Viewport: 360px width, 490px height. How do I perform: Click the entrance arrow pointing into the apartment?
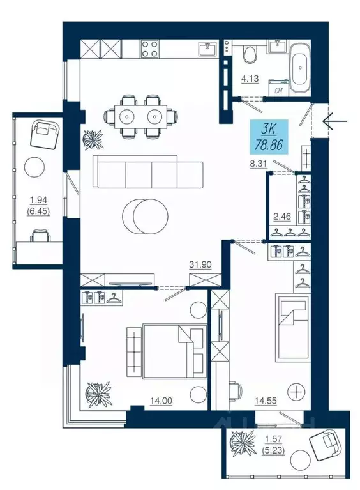coord(335,120)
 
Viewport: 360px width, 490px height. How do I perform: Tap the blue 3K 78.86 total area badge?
coord(269,137)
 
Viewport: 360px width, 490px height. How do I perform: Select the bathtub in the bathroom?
coord(300,68)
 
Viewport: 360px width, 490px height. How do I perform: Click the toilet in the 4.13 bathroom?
coord(250,53)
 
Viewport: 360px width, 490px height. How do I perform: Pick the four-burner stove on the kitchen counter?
coord(150,49)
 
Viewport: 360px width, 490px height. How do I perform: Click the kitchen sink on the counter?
coord(207,49)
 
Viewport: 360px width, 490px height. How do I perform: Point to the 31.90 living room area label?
coord(200,264)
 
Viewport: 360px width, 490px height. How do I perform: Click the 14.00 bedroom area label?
coord(161,401)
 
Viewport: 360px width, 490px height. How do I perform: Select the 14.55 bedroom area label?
coord(266,401)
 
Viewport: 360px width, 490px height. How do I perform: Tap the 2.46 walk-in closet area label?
coord(282,216)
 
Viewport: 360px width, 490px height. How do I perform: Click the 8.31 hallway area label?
coord(259,164)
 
